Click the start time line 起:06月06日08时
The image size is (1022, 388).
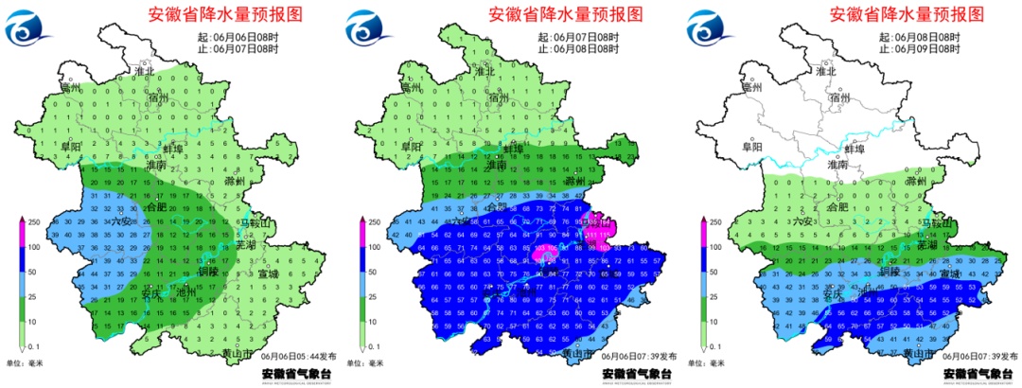point(246,36)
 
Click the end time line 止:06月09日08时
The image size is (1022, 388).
point(923,48)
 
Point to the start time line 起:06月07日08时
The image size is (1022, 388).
point(585,36)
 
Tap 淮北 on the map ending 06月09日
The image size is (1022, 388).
point(826,71)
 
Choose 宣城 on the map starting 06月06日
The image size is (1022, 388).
point(269,274)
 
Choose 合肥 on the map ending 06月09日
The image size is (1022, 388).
point(837,206)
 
